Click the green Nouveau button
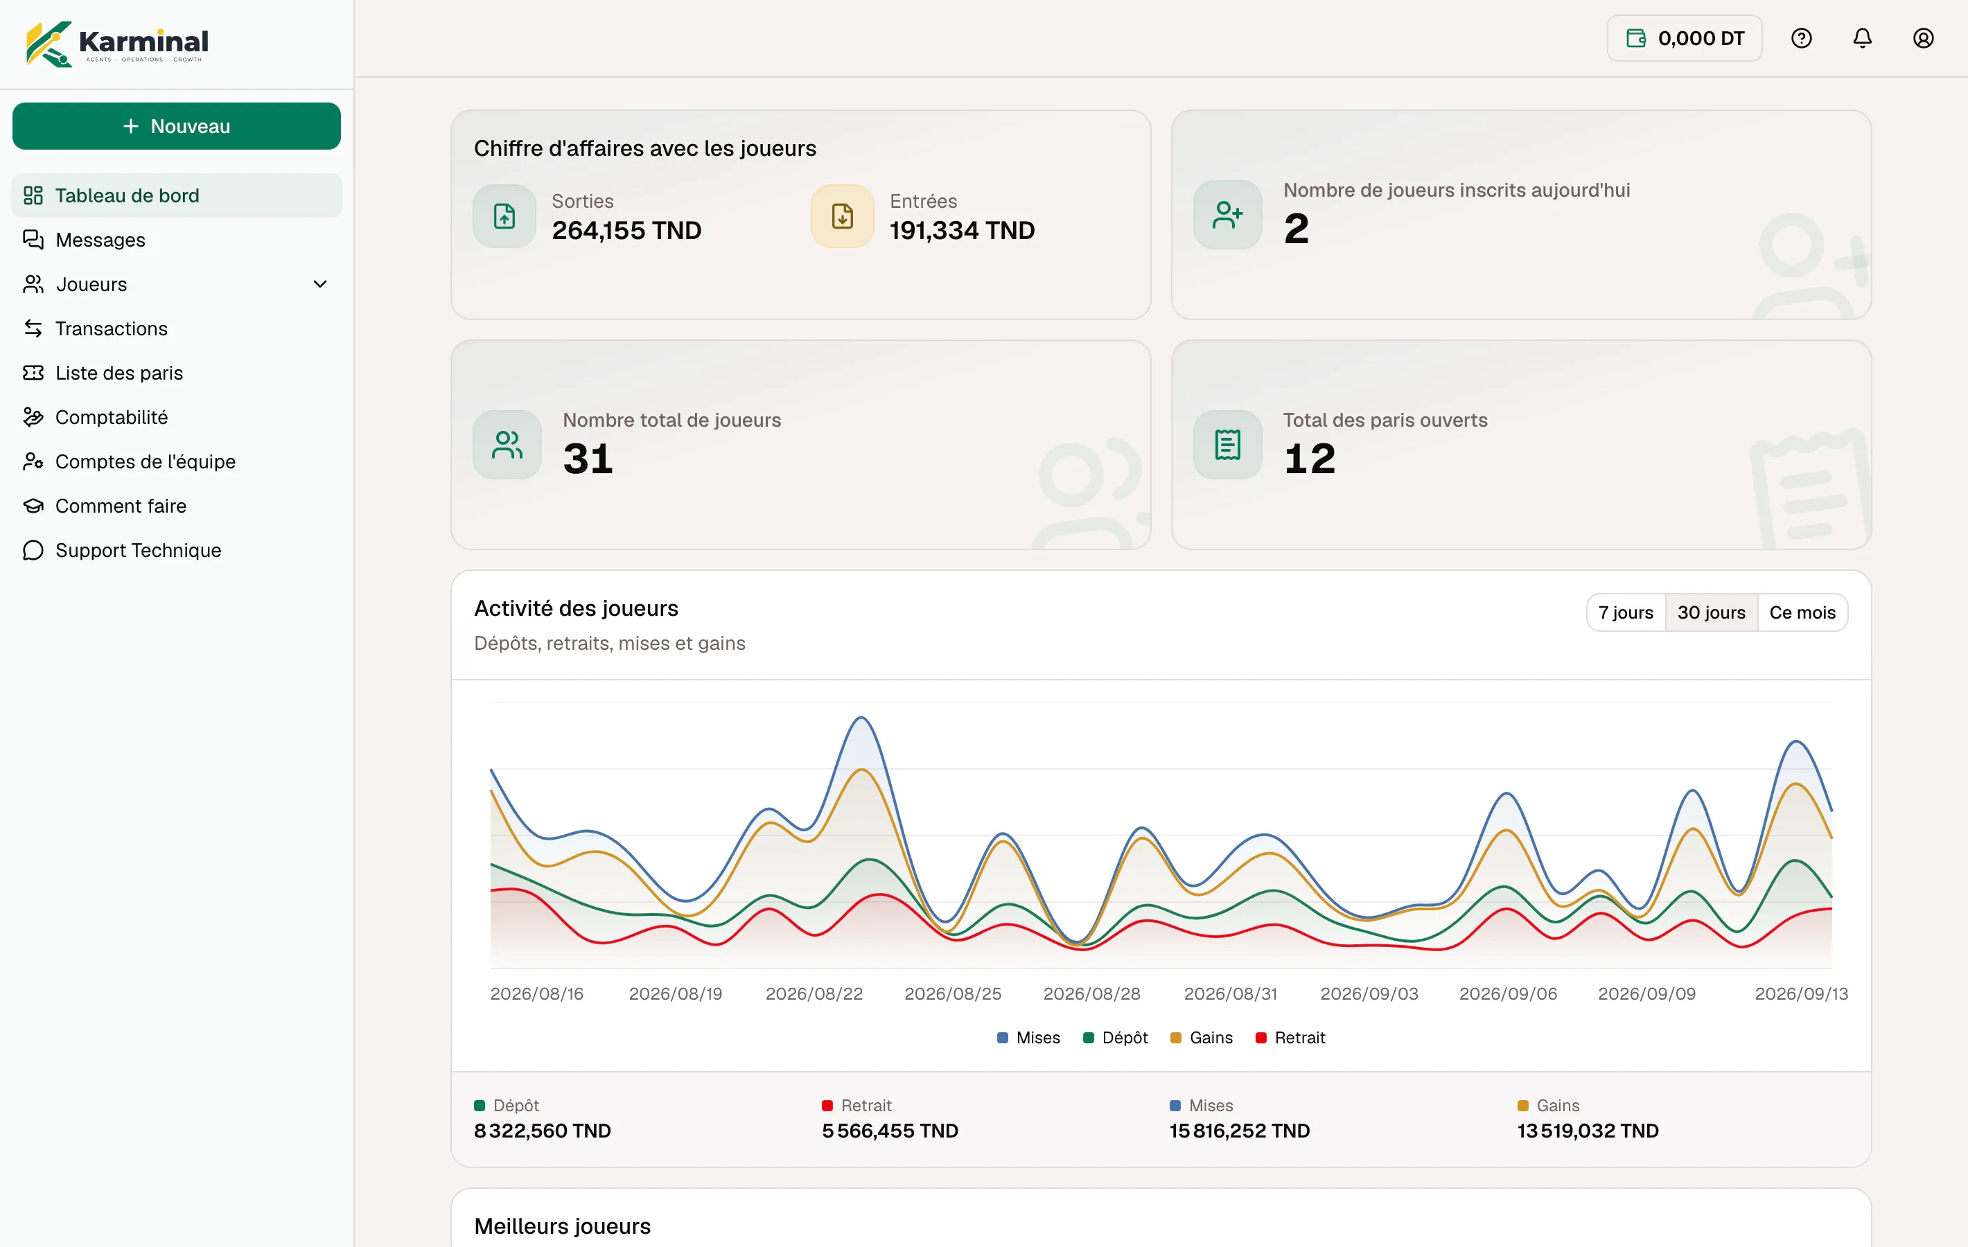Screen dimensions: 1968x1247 177,126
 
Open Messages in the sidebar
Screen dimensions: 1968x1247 100,240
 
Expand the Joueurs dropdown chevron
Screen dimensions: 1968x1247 320,284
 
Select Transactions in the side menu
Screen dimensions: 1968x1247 111,328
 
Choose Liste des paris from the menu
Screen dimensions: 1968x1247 119,373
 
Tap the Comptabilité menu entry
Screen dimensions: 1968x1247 111,417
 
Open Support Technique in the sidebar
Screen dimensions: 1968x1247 138,550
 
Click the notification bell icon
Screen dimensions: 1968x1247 1863,38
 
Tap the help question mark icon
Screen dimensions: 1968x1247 1801,38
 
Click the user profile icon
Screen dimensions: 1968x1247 1923,38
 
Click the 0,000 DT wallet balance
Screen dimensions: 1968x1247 1685,38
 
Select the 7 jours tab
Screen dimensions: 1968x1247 1626,612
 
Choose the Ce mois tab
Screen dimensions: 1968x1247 1802,612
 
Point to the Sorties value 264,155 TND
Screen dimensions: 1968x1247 626,231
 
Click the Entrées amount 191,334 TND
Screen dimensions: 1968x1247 962,231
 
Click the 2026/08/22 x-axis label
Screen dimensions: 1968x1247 814,993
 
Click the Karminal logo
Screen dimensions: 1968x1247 117,44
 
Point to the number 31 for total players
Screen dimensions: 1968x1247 588,458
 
